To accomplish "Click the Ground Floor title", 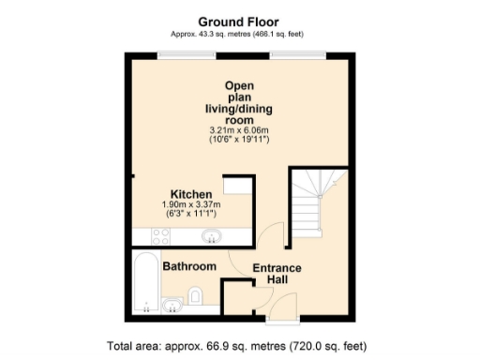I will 239,21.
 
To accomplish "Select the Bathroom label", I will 190,267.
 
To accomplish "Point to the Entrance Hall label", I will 277,274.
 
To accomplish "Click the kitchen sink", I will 211,236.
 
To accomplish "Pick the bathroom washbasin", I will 172,305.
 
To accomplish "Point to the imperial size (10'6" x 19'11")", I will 239,140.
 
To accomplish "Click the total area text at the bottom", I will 239,344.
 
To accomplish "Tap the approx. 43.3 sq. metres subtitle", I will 239,34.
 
